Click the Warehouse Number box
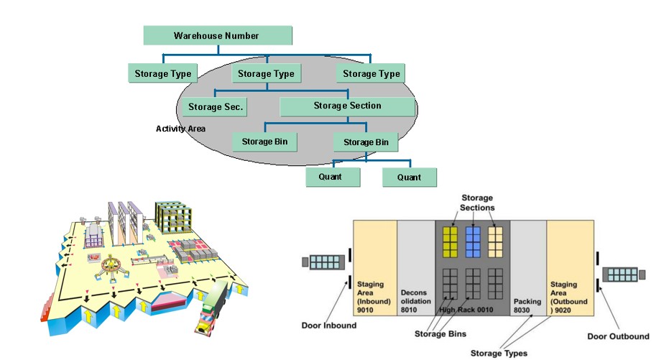click(217, 35)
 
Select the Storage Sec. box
click(215, 107)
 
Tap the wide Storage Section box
click(347, 106)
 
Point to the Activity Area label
click(180, 129)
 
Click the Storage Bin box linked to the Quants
click(366, 142)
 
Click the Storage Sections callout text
click(477, 203)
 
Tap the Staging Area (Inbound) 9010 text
click(371, 294)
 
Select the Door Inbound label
click(328, 326)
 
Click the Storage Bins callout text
click(441, 333)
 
